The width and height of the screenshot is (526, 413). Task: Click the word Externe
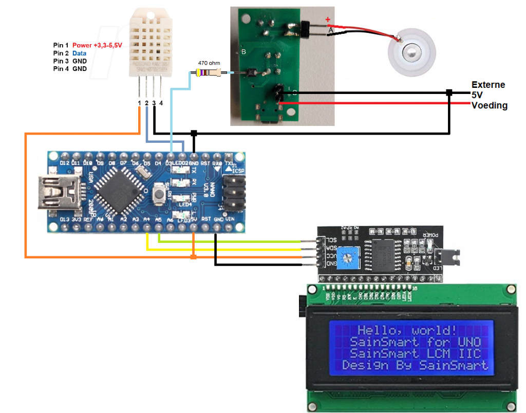(x=488, y=85)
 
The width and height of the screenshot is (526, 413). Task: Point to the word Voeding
(x=490, y=105)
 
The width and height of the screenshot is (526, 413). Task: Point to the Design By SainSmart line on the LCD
(x=415, y=365)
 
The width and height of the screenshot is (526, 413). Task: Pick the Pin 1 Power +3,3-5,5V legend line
(x=88, y=45)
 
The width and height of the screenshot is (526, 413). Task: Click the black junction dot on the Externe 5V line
(x=449, y=92)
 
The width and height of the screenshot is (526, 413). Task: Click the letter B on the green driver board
(x=243, y=52)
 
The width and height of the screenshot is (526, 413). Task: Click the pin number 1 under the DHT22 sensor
(x=139, y=103)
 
